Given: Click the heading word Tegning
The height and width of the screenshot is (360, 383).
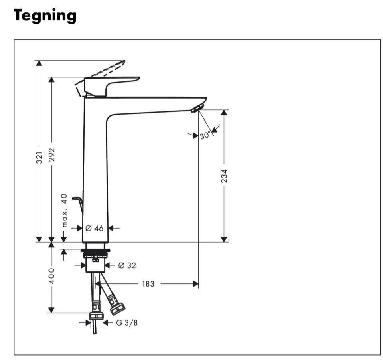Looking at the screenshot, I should (x=45, y=16).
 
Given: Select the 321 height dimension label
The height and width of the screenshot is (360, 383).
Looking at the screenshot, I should (x=39, y=157).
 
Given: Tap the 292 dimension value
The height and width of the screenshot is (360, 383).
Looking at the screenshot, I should (x=51, y=155).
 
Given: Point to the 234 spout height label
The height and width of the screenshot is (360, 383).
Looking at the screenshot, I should (x=224, y=176).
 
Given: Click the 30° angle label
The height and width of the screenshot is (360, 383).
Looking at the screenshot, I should (x=205, y=136).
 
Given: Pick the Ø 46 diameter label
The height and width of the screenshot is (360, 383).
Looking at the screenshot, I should (x=95, y=228).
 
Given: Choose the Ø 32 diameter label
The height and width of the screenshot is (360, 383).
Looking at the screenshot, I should (x=126, y=265).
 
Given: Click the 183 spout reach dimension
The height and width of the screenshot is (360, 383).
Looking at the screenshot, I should (x=148, y=284).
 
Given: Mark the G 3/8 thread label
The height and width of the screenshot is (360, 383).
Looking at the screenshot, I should (x=127, y=323).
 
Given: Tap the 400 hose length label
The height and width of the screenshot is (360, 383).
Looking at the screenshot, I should (x=51, y=276).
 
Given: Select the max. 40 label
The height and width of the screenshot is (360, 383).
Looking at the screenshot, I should (x=64, y=210).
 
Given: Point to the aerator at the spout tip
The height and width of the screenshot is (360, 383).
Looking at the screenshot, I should (x=197, y=108).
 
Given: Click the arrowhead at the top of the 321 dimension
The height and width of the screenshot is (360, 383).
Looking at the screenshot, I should (x=39, y=64).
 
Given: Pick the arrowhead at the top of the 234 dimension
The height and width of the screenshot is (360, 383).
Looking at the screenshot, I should (x=224, y=113).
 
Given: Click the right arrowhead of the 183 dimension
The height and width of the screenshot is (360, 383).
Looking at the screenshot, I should (x=195, y=284).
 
